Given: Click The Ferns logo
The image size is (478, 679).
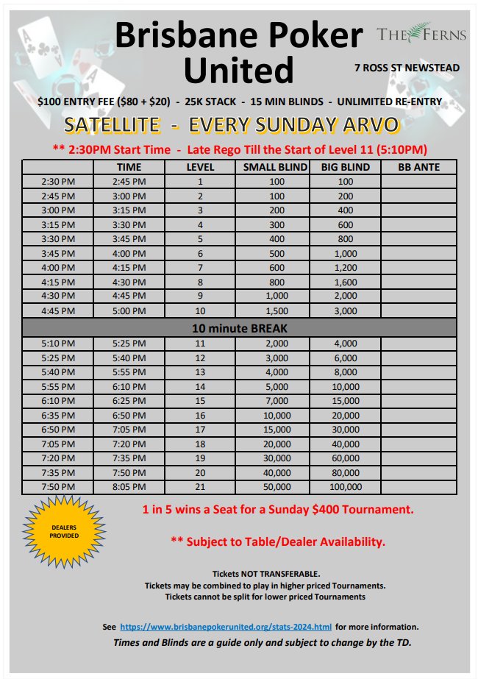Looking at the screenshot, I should click(x=414, y=33).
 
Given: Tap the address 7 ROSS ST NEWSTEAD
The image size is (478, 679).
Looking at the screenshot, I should click(x=407, y=68).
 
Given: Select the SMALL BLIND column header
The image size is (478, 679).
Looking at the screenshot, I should click(x=275, y=167).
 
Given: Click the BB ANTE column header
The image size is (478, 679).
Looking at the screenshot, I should click(x=418, y=167).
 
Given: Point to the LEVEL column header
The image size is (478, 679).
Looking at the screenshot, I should click(x=200, y=167).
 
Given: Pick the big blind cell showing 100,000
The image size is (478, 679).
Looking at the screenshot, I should click(x=346, y=487).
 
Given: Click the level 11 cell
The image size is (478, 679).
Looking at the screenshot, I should click(x=200, y=344).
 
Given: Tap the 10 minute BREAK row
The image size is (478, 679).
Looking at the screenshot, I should click(x=239, y=328).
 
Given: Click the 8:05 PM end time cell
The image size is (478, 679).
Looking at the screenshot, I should click(x=129, y=487).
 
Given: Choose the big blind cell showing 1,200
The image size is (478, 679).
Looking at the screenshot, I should click(x=346, y=268).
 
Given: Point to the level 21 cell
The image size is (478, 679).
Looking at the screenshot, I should click(x=200, y=487).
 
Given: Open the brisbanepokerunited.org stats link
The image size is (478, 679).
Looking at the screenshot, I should click(x=226, y=627).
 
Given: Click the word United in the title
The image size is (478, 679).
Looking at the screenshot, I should click(x=238, y=71).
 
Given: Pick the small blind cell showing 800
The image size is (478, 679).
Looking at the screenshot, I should click(x=275, y=282).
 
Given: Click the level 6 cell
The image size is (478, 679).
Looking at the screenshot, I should click(x=200, y=253).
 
